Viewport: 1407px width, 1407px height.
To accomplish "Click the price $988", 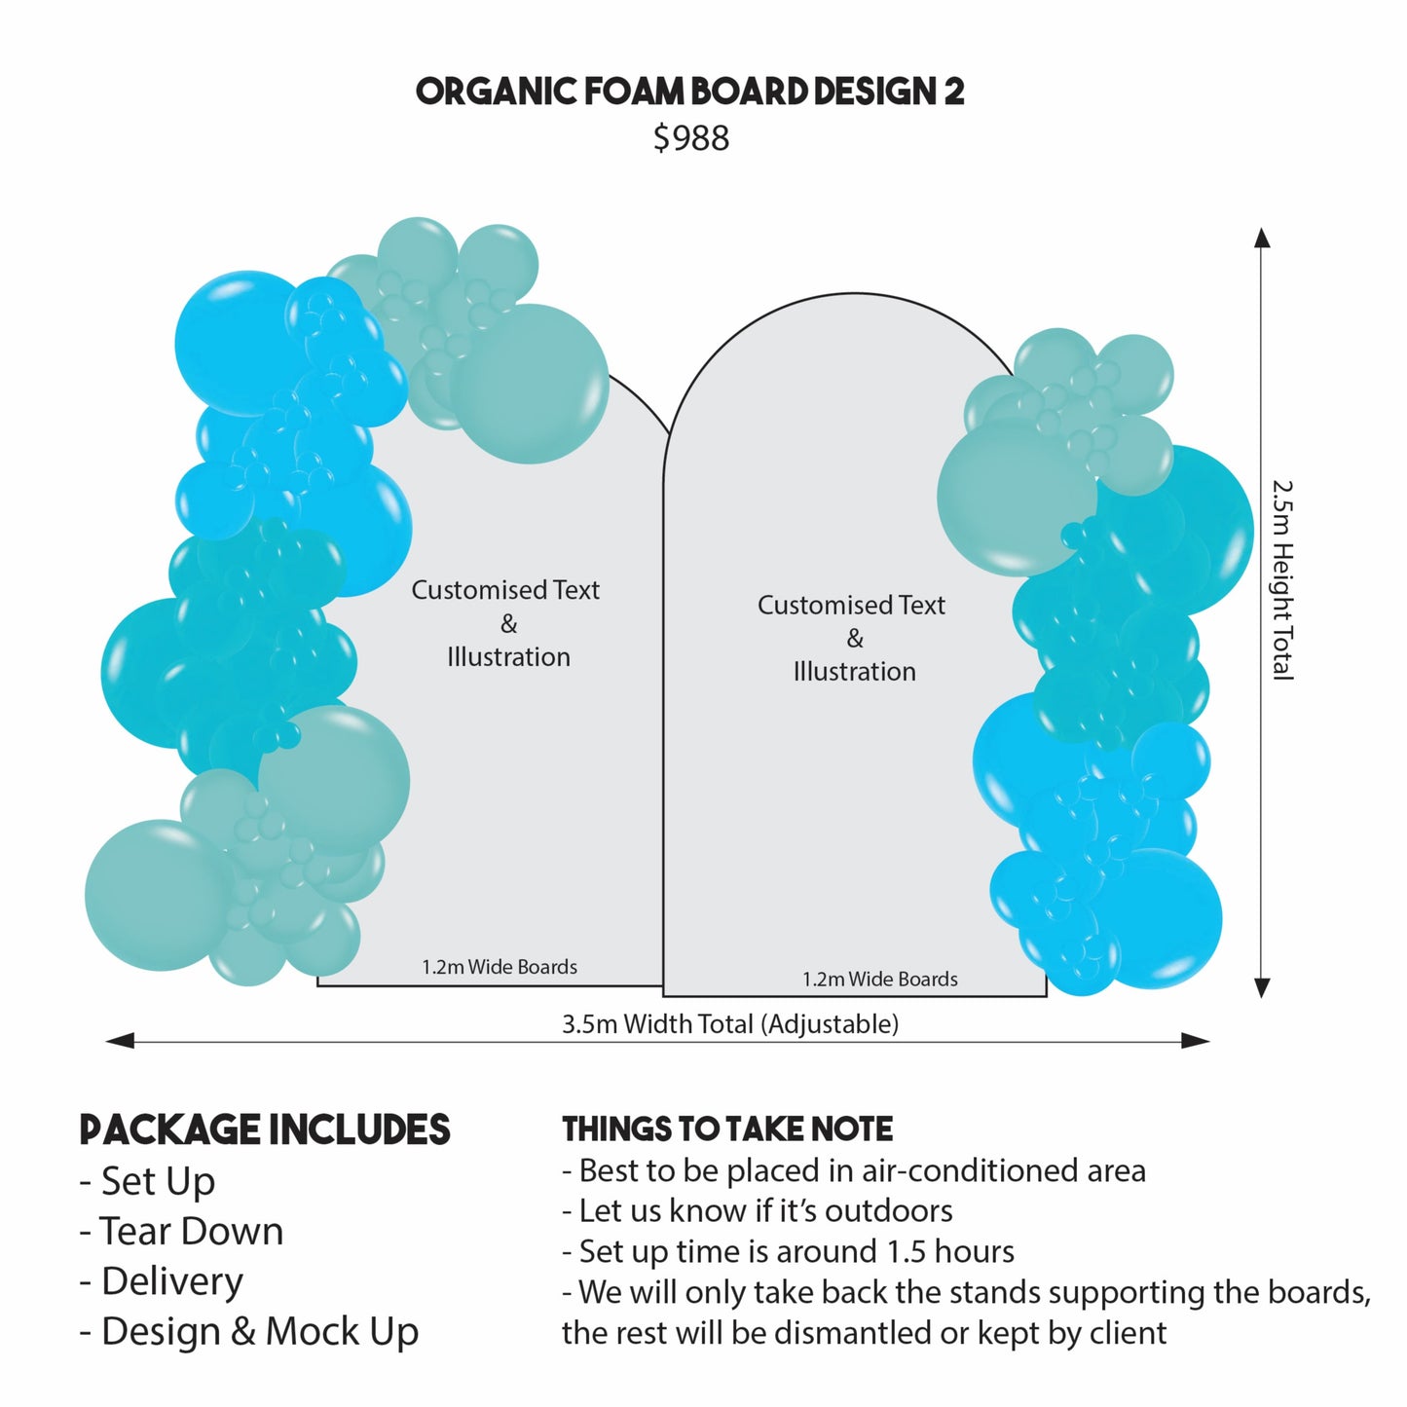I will (x=690, y=138).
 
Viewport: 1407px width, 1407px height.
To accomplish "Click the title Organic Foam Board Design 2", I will (x=689, y=92).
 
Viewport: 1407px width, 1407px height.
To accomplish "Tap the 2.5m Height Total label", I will (x=1283, y=579).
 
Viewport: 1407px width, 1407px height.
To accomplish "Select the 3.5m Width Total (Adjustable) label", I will (x=729, y=1024).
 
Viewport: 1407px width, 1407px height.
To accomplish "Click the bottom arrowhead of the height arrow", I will (x=1262, y=987).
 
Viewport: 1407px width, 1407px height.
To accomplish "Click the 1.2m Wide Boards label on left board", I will (x=500, y=967).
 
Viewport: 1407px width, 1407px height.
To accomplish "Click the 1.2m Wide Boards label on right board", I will (x=880, y=980).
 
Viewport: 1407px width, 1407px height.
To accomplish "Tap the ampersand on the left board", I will (x=508, y=624).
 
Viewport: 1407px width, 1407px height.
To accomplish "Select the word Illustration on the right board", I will (x=854, y=672).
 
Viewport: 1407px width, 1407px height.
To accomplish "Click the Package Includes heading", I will (x=265, y=1129).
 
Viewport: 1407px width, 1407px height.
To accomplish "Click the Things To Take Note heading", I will (x=727, y=1129).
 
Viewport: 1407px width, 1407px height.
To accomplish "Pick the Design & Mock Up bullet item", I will (x=249, y=1331).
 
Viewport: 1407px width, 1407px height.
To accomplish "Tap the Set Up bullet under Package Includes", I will (x=148, y=1181).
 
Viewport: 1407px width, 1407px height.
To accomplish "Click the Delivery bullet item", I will (x=162, y=1281).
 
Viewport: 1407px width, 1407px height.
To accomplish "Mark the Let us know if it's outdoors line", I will (x=758, y=1210).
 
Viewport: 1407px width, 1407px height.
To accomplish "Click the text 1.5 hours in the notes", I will (x=950, y=1251).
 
